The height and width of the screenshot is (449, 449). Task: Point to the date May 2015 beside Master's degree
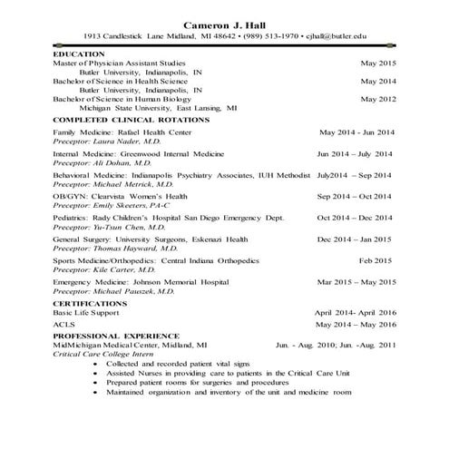pos(378,63)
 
